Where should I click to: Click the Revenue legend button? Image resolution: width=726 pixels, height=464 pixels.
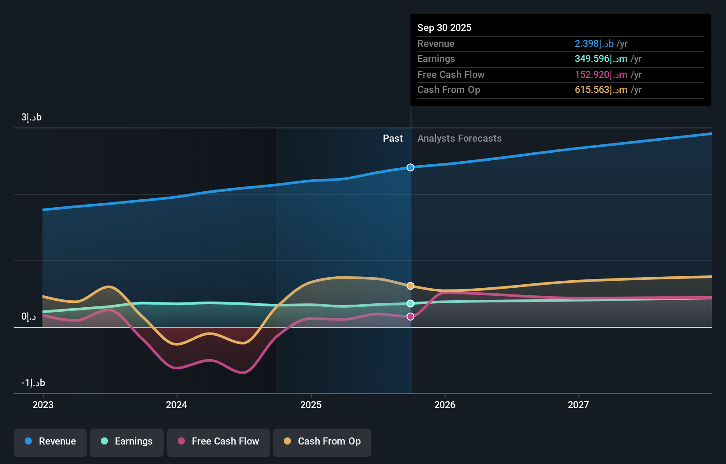pyautogui.click(x=50, y=441)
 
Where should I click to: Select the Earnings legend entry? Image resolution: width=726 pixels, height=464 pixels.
pyautogui.click(x=127, y=441)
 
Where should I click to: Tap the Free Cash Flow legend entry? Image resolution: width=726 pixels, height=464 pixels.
pyautogui.click(x=218, y=441)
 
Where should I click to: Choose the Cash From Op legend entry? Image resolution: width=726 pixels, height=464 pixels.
pyautogui.click(x=322, y=441)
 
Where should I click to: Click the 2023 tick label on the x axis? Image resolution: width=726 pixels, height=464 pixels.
pyautogui.click(x=43, y=405)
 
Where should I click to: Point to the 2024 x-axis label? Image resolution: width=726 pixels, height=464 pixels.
pyautogui.click(x=176, y=405)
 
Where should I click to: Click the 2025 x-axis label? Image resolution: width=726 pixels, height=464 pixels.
pyautogui.click(x=311, y=405)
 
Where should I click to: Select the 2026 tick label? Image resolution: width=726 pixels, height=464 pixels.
pyautogui.click(x=445, y=405)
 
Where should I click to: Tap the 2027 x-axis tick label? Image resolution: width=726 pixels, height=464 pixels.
pyautogui.click(x=578, y=405)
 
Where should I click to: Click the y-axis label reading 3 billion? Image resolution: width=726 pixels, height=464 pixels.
pyautogui.click(x=31, y=117)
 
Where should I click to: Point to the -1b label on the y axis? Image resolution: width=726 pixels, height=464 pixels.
pyautogui.click(x=33, y=383)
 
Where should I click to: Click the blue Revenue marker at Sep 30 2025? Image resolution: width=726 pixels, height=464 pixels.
pyautogui.click(x=410, y=167)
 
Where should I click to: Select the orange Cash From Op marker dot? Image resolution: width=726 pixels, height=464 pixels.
pyautogui.click(x=410, y=286)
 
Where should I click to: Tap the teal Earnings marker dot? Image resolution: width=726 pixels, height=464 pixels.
pyautogui.click(x=410, y=303)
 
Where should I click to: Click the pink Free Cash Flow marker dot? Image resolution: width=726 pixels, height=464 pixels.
pyautogui.click(x=410, y=317)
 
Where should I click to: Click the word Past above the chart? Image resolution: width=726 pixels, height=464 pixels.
pyautogui.click(x=393, y=139)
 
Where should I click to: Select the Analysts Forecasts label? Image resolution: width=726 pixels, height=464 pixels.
pyautogui.click(x=459, y=139)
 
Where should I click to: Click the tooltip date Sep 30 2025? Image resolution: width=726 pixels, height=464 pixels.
pyautogui.click(x=444, y=27)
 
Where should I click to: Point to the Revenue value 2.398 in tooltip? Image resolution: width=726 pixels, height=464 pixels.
pyautogui.click(x=594, y=43)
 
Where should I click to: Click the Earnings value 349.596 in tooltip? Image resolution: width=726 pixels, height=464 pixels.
pyautogui.click(x=600, y=59)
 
